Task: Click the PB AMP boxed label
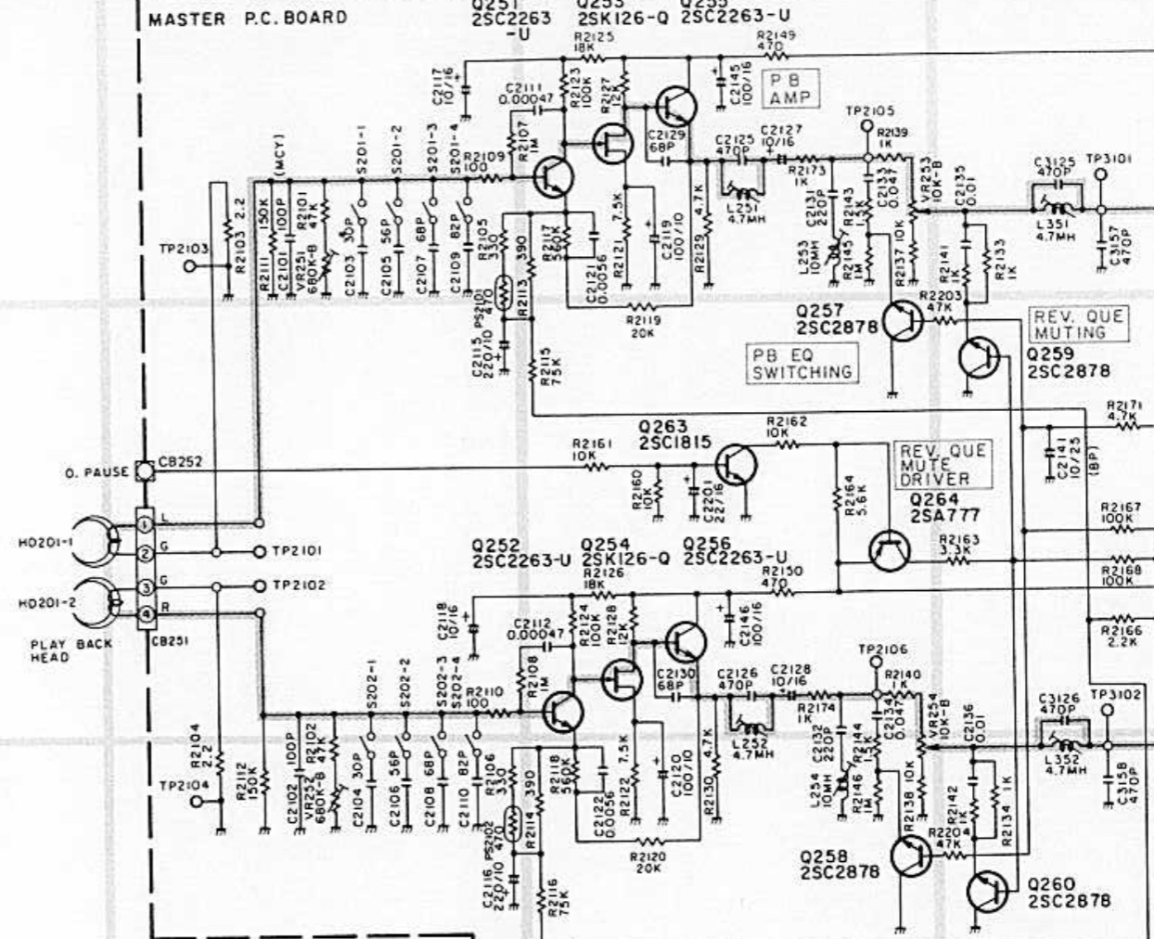789,88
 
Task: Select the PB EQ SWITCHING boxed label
801,363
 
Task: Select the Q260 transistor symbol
987,892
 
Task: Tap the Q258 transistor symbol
911,856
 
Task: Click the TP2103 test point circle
191,266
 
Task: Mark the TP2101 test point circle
260,551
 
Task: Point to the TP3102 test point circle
1106,712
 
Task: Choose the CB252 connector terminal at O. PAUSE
144,471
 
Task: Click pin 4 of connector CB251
145,613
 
